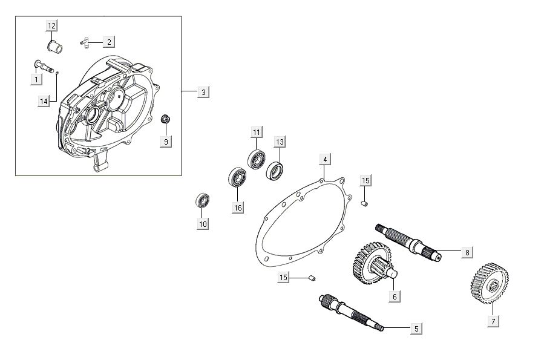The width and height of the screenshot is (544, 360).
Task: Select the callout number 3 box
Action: (x=204, y=92)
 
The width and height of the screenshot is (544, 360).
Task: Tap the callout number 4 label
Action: (x=325, y=159)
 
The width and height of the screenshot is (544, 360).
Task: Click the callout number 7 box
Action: (x=494, y=321)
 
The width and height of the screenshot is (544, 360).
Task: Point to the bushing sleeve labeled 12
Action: (x=53, y=46)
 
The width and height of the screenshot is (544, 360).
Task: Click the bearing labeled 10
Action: (x=202, y=201)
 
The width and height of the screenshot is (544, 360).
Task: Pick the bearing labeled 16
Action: (x=235, y=178)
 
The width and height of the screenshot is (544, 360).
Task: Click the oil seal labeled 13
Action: (x=276, y=171)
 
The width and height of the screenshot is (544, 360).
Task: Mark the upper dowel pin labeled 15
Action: (x=365, y=202)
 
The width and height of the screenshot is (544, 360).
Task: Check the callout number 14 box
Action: (x=44, y=102)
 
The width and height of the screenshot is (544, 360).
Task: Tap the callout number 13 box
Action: (x=279, y=142)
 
